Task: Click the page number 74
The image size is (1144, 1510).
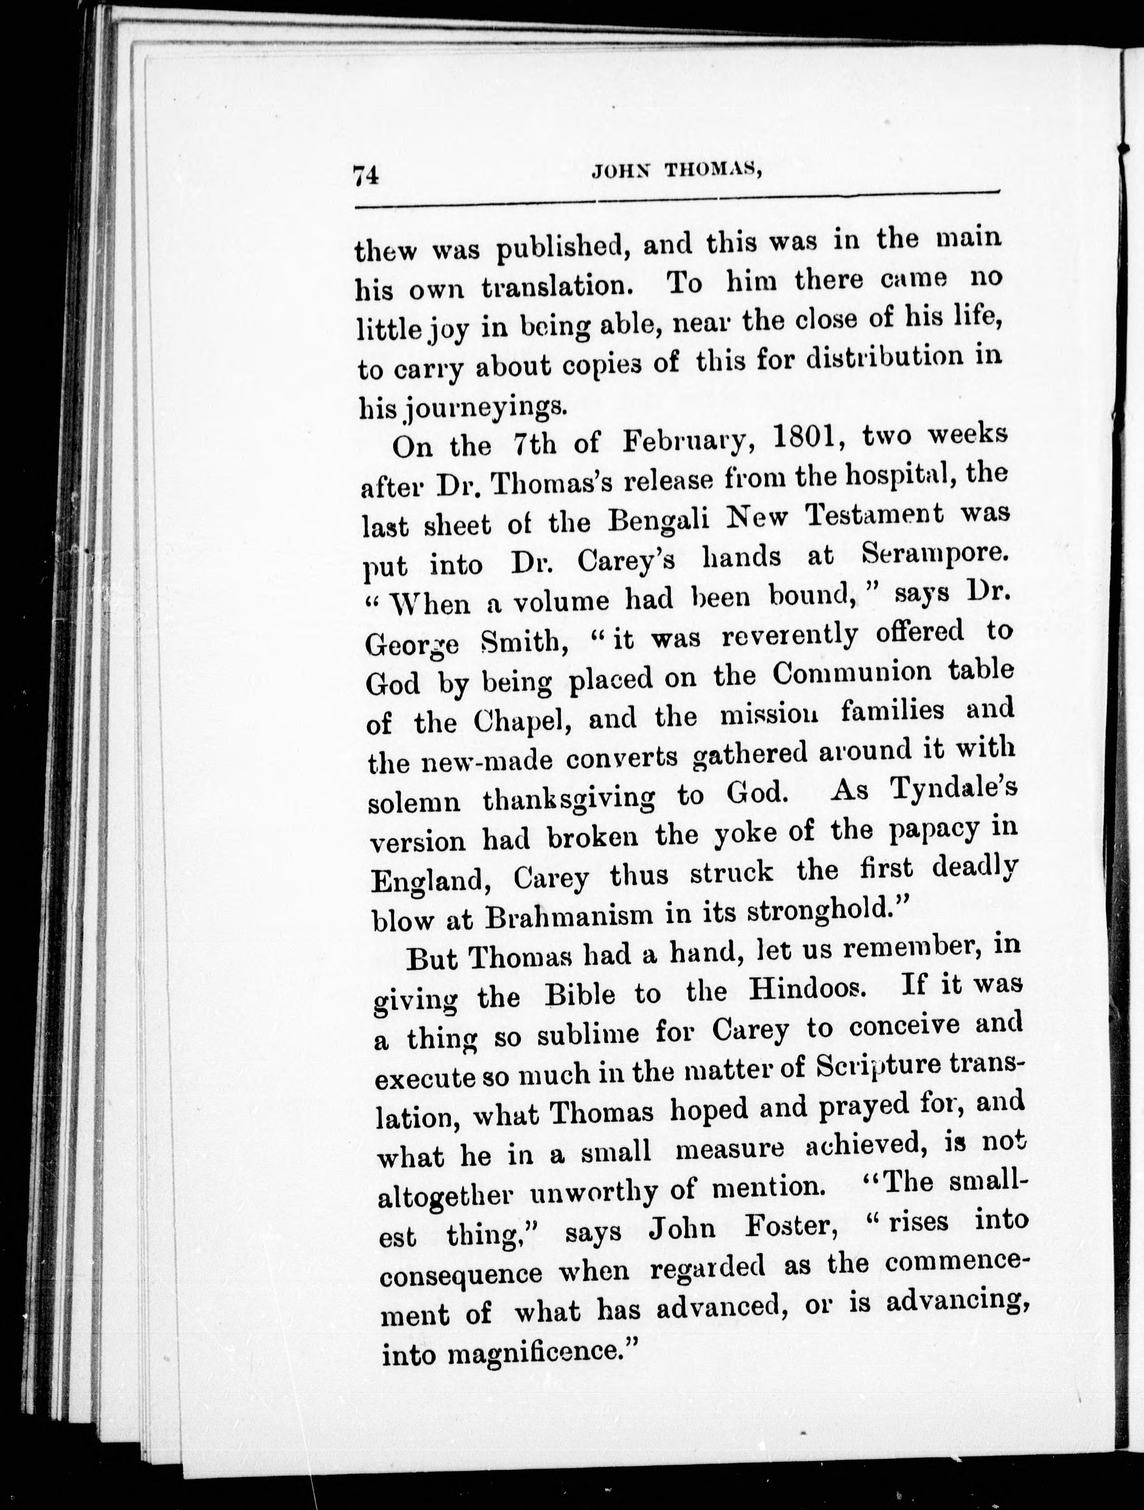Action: pos(366,176)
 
